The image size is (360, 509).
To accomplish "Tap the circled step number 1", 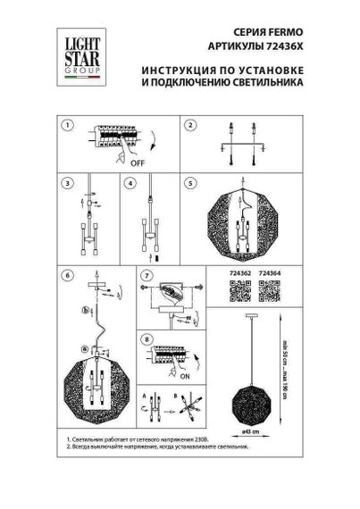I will pos(65,125).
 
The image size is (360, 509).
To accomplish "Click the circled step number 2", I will pos(189,125).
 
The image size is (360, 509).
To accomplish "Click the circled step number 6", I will pos(65,276).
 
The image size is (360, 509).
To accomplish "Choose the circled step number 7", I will pos(147,276).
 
